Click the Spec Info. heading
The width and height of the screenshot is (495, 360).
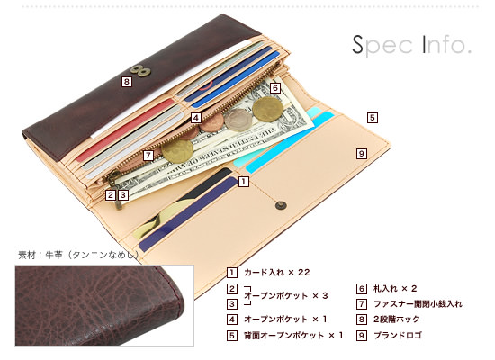click(x=411, y=46)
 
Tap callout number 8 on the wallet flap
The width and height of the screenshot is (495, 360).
click(x=127, y=82)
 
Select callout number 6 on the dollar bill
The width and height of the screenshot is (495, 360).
click(x=275, y=88)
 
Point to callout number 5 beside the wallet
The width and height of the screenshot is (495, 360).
click(x=373, y=118)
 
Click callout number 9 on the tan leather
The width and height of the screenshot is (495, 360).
click(x=362, y=154)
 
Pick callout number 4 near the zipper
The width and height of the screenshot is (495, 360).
click(x=196, y=118)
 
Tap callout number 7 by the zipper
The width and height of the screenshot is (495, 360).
click(x=148, y=156)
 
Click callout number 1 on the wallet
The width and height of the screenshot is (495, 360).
click(x=243, y=182)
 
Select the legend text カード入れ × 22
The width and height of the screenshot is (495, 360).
click(x=277, y=272)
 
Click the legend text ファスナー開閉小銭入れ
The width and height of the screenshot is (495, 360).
click(x=418, y=304)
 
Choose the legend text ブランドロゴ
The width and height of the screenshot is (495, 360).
click(x=398, y=335)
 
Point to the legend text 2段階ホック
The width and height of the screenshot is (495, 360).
click(x=397, y=319)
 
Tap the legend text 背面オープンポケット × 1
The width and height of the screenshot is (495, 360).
click(x=293, y=335)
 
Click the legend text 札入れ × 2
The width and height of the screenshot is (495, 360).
click(x=395, y=288)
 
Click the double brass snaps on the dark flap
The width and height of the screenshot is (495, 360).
click(x=140, y=71)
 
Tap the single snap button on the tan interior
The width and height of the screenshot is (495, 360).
click(x=281, y=205)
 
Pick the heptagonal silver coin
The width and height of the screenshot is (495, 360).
click(x=238, y=120)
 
